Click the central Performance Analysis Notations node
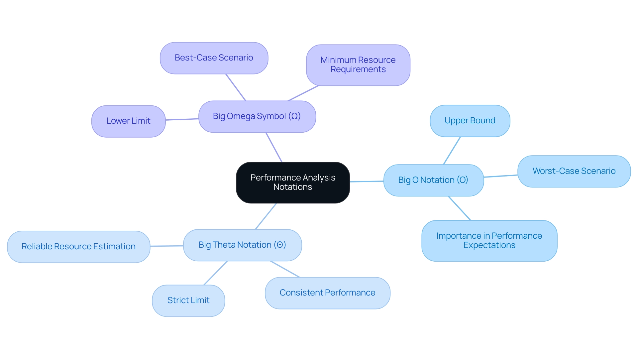(293, 182)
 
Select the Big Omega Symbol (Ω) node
(257, 116)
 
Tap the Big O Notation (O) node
(433, 180)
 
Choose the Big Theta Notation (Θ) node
(242, 245)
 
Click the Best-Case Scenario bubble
(214, 58)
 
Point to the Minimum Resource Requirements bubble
(358, 65)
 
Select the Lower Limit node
(128, 121)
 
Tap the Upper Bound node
(470, 121)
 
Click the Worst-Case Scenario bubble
(574, 171)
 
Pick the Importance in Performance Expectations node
(489, 241)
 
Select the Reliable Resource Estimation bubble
(78, 247)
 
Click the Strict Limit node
(188, 300)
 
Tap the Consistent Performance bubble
(327, 293)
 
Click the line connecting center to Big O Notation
(367, 181)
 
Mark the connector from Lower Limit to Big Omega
(182, 119)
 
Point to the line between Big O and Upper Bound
(452, 151)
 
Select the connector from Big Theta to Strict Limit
(215, 273)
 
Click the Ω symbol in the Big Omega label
(294, 116)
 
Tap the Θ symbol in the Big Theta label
(280, 245)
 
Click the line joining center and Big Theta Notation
(266, 216)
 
